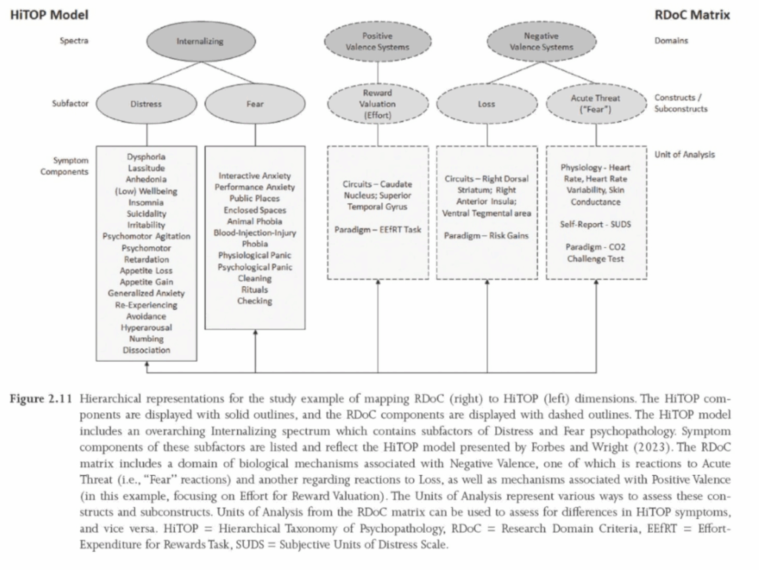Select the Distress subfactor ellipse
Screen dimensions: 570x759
click(146, 105)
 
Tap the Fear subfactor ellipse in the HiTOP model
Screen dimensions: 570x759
click(254, 105)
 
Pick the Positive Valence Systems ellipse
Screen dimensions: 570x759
click(377, 42)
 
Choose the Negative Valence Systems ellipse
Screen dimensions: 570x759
click(542, 42)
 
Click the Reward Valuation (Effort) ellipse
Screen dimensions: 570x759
click(377, 105)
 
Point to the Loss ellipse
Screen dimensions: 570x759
click(486, 105)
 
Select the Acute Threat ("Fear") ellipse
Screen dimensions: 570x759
click(596, 103)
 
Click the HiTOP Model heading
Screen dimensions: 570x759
click(48, 13)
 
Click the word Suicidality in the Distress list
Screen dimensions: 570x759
click(146, 213)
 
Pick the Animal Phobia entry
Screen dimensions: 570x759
click(254, 221)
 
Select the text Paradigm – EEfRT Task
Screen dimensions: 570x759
click(377, 230)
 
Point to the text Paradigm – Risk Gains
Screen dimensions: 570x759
click(486, 236)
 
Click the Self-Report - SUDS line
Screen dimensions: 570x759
click(596, 225)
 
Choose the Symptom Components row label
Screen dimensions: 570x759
click(70, 166)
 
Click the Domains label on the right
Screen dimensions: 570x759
click(671, 41)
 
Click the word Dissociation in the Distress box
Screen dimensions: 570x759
click(146, 350)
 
